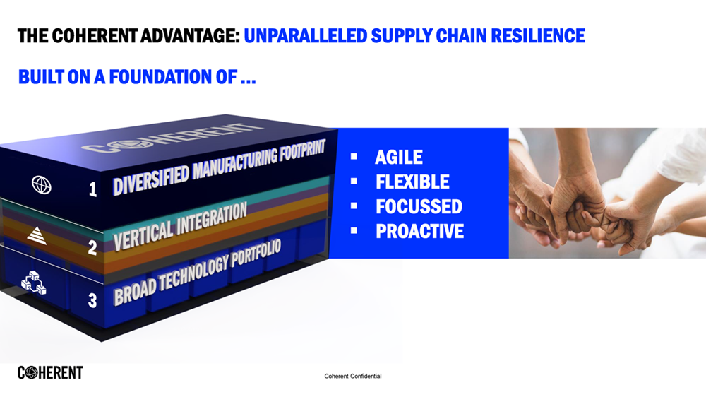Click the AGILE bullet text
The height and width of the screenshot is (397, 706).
[x=399, y=157]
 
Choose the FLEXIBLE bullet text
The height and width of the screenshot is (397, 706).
[x=412, y=182]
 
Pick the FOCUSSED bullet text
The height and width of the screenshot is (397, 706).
[x=419, y=206]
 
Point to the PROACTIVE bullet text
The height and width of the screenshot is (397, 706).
[x=419, y=231]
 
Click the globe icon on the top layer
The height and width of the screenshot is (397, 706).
[x=42, y=185]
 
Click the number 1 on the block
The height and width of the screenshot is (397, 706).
[x=92, y=189]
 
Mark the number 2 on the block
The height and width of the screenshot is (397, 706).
[x=92, y=247]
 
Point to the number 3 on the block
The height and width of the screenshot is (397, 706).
[x=92, y=300]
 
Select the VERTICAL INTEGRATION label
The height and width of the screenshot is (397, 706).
[x=181, y=225]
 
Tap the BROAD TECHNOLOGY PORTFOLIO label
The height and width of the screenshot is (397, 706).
[x=198, y=271]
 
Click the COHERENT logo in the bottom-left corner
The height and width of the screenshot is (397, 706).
[x=50, y=372]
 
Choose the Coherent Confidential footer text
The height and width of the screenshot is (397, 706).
[x=352, y=376]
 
